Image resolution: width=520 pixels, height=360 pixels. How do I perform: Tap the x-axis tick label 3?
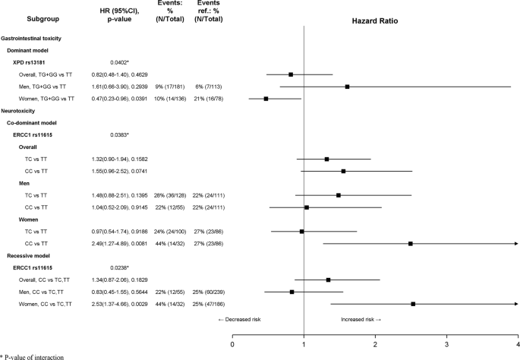click(x=446, y=343)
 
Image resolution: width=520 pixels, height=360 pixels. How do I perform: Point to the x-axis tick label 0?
click(x=233, y=343)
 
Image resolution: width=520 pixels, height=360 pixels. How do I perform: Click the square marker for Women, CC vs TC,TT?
click(x=413, y=305)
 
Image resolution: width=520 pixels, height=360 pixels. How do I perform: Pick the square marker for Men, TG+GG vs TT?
click(x=347, y=87)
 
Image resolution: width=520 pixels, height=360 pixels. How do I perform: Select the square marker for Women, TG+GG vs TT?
click(x=266, y=99)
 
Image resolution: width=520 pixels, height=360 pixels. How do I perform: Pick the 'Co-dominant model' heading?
click(x=34, y=122)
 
